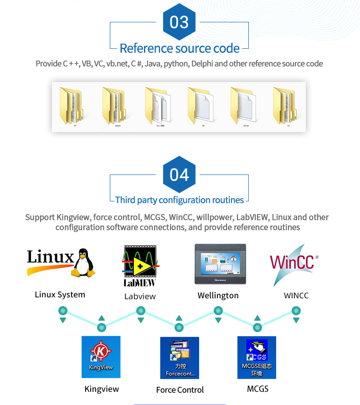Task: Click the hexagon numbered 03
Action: pos(179,22)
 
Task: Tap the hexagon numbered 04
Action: pos(179,175)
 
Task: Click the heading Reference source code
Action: pos(180,48)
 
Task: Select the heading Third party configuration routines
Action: pos(180,200)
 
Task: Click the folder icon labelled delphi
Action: pos(114,106)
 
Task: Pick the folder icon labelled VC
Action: pos(286,106)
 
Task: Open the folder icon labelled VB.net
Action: pos(243,106)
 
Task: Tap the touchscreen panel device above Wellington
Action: pos(220,264)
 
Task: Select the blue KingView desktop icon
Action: pos(101,357)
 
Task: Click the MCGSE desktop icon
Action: pos(257,357)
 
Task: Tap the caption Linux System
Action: pos(60,295)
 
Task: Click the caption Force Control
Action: pos(180,390)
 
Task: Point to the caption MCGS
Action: pos(257,389)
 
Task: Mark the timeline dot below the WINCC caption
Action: pos(296,311)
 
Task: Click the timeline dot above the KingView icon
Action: pos(102,327)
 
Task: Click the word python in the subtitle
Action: pos(176,64)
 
